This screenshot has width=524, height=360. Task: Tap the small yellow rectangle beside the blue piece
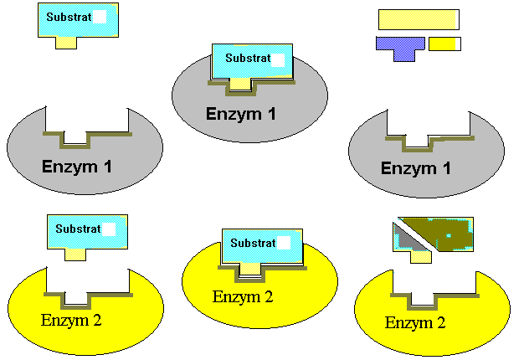(444, 43)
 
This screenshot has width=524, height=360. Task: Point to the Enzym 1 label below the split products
(416, 167)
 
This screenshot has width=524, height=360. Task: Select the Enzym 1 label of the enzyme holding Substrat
(241, 114)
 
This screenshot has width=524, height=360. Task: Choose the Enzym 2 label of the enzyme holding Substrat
(243, 296)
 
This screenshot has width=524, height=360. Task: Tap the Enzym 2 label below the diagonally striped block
(415, 322)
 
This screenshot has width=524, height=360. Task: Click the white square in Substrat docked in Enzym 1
(278, 59)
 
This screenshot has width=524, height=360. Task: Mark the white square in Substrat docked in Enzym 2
(285, 243)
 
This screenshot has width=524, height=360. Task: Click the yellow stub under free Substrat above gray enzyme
(66, 42)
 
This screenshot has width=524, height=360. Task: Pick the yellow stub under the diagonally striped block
(420, 257)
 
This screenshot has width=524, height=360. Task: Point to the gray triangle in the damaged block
(404, 242)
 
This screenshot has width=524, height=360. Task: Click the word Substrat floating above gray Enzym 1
(64, 17)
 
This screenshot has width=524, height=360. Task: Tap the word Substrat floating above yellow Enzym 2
(74, 229)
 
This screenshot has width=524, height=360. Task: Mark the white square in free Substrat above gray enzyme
(100, 17)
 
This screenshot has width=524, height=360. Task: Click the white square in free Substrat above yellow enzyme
(109, 229)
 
